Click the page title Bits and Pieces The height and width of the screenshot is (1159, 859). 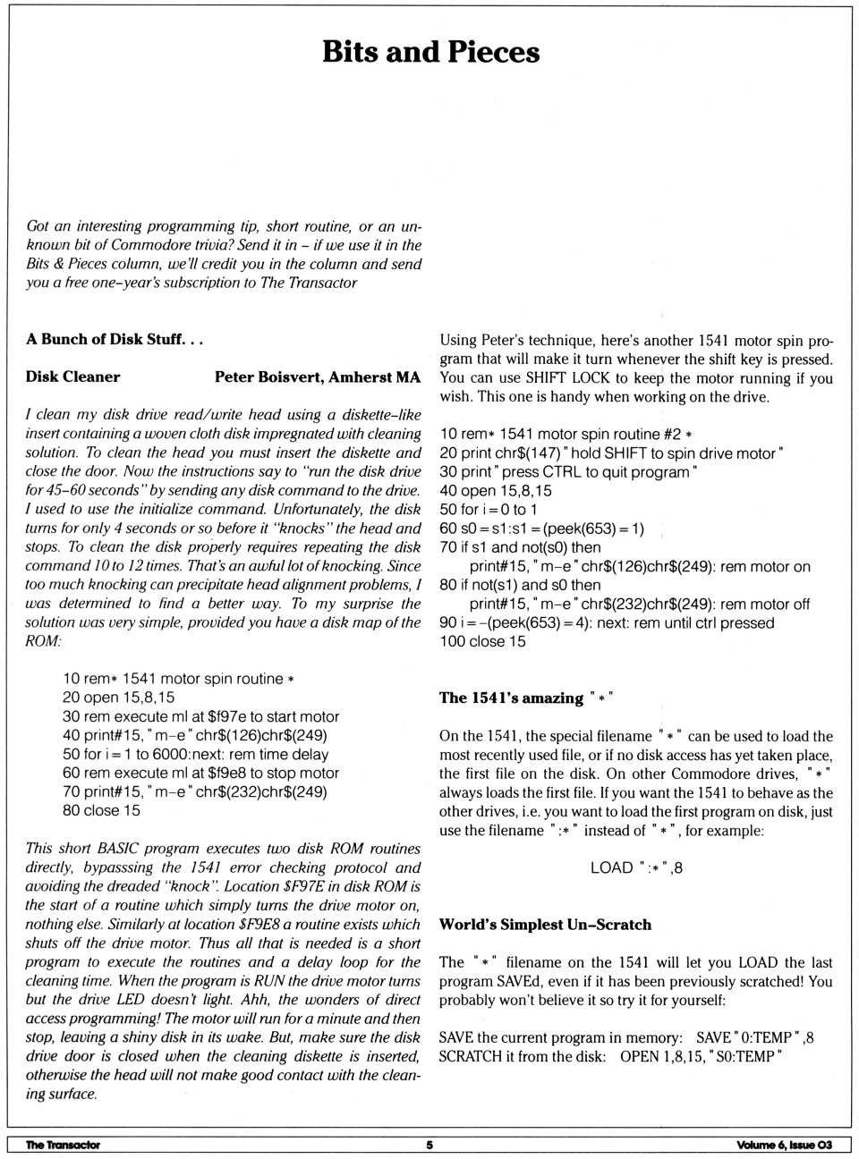(x=430, y=52)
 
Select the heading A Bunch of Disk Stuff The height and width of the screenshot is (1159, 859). (x=115, y=340)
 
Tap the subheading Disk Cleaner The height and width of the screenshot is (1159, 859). (x=72, y=377)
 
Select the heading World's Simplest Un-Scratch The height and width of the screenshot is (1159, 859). (x=545, y=925)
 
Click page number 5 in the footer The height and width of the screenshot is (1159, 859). (x=429, y=1145)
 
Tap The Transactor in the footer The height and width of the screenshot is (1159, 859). (x=63, y=1145)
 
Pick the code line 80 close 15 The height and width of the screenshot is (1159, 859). (x=101, y=810)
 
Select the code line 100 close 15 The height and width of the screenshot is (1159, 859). (x=482, y=641)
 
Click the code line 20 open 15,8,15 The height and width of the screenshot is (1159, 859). (x=118, y=698)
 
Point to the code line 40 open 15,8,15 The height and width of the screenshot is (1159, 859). (x=496, y=491)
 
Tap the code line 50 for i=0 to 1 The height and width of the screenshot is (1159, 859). (x=489, y=510)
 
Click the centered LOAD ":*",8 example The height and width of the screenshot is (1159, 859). (x=636, y=867)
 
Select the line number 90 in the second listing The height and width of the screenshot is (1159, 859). (x=447, y=622)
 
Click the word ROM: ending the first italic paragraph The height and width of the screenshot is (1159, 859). (x=43, y=641)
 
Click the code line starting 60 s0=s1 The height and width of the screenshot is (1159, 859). (x=541, y=529)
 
